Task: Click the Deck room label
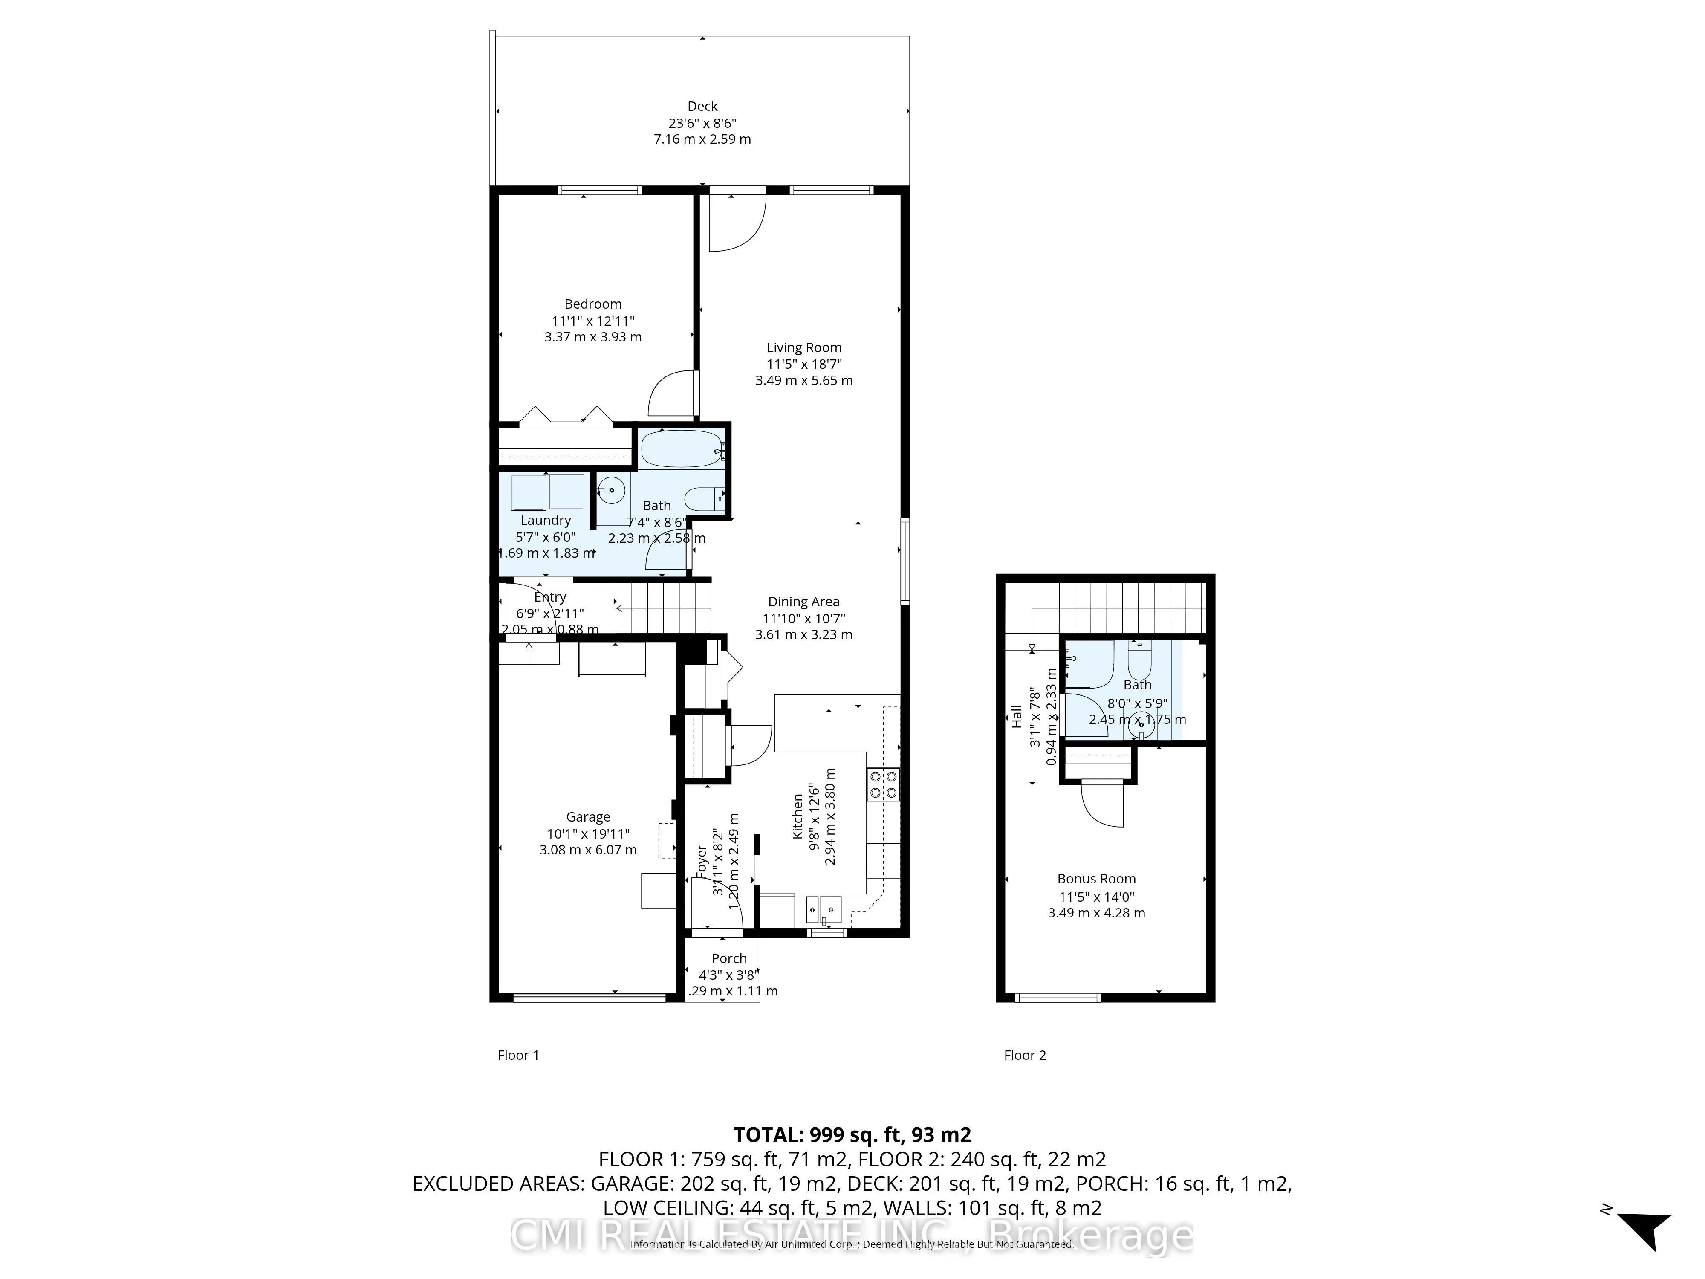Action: point(702,107)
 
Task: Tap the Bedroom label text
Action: point(593,304)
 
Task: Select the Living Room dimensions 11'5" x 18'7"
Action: point(804,364)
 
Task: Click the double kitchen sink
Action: point(824,910)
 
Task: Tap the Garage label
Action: point(588,816)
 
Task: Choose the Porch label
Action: point(728,958)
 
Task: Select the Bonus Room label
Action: point(1096,878)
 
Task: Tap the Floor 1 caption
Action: point(518,1055)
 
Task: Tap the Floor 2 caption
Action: point(1024,1055)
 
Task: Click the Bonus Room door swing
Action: point(1102,806)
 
